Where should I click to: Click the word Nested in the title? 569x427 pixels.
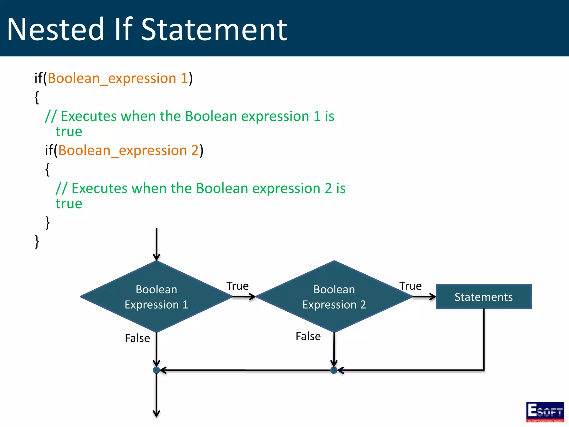point(56,29)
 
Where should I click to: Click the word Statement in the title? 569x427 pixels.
point(214,29)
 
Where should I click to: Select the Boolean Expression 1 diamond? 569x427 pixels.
point(156,297)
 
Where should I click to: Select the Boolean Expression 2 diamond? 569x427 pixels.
point(334,297)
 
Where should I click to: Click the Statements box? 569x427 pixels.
point(483,297)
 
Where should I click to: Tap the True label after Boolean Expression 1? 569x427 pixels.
point(237,286)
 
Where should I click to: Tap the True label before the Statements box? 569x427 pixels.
point(410,286)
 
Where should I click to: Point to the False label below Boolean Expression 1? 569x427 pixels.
point(137,338)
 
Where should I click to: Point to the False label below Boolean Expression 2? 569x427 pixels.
point(308,336)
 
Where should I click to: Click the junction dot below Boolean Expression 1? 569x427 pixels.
point(156,370)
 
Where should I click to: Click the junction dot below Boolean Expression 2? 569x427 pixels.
point(334,370)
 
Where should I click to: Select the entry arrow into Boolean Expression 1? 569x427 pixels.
point(156,245)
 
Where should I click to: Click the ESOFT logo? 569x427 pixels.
point(545,412)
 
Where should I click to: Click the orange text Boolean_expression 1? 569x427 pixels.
point(118,78)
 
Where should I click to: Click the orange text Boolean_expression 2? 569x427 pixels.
point(128,150)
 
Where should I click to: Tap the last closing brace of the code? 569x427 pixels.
point(37,241)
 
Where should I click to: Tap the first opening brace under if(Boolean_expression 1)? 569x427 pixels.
point(37,97)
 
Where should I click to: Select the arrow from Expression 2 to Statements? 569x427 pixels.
point(424,297)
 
